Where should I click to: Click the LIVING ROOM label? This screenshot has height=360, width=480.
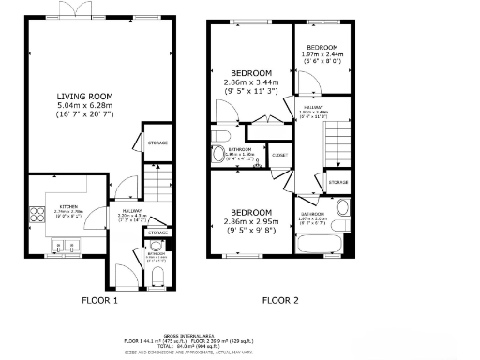click(x=84, y=97)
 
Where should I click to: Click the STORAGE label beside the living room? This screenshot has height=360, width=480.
click(x=157, y=142)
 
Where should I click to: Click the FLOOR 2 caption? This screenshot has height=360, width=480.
click(x=279, y=301)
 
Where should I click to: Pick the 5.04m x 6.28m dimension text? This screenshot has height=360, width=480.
click(x=84, y=107)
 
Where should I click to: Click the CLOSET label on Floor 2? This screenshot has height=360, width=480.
click(x=279, y=156)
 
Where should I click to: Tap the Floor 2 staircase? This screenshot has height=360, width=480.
click(x=334, y=141)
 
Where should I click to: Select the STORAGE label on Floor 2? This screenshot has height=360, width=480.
click(x=337, y=182)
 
